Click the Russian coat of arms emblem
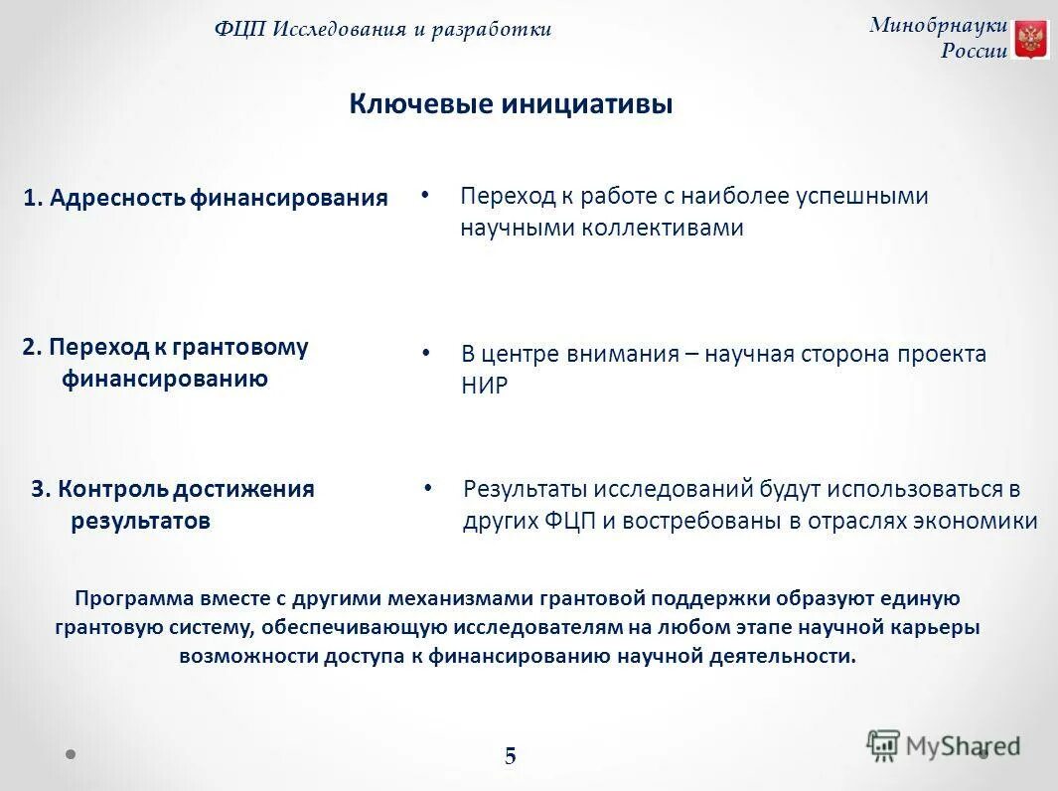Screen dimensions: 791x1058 pos(1031,40)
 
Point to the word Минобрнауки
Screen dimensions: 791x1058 pos(938,26)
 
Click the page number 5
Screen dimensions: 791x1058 pos(510,756)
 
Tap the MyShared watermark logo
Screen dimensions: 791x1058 pos(943,745)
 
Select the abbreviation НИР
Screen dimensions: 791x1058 pos(484,387)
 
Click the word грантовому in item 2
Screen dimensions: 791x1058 pos(240,347)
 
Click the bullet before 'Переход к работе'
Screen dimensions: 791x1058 pos(424,195)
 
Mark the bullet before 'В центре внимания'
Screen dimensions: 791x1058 pos(426,353)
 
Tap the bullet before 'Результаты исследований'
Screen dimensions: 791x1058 pos(428,488)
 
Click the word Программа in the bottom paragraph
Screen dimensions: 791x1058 pos(129,598)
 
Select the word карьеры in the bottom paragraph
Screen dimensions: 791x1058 pos(941,627)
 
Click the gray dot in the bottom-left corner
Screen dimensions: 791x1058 pos(72,753)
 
